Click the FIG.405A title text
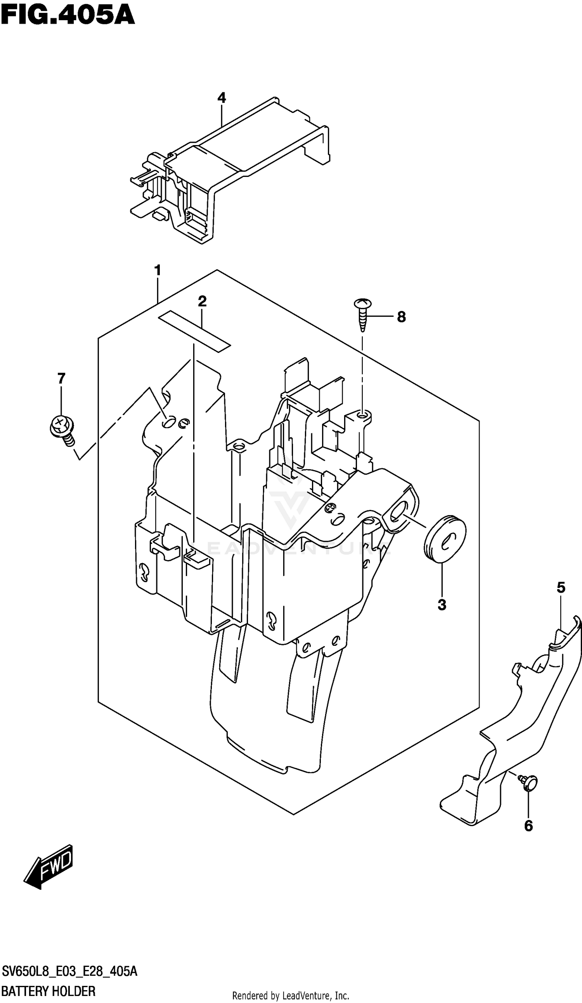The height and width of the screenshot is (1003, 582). click(x=68, y=16)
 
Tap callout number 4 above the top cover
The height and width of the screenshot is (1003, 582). click(x=222, y=97)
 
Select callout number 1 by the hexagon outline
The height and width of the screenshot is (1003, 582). click(x=158, y=271)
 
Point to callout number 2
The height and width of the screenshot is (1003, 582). click(x=202, y=301)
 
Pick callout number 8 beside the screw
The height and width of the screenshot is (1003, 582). click(x=401, y=317)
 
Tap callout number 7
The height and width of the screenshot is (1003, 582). click(x=61, y=378)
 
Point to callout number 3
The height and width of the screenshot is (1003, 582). click(x=442, y=605)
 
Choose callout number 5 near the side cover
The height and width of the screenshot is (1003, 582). click(x=561, y=587)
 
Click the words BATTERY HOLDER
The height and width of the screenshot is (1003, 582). click(x=48, y=987)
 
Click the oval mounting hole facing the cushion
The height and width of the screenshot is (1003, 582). click(x=399, y=512)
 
